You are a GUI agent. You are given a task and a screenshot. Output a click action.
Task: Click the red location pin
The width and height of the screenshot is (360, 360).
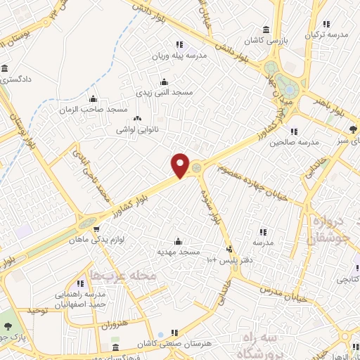[x=181, y=165]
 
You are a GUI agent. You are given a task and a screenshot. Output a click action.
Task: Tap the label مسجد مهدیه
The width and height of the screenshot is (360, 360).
[x=179, y=251]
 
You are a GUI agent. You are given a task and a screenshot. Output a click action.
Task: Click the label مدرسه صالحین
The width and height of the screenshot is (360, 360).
[x=294, y=142]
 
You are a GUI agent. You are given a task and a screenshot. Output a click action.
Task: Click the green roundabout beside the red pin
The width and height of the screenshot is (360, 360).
[x=197, y=167]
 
